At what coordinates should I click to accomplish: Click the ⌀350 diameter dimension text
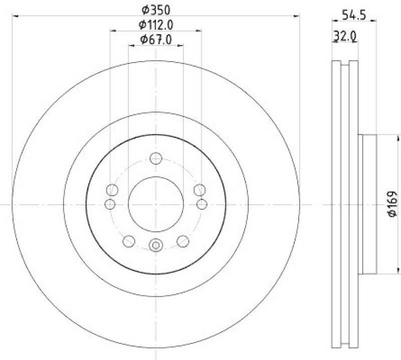coord(156,9)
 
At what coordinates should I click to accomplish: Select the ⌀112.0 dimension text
coord(156,24)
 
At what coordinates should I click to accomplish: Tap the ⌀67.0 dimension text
coord(156,39)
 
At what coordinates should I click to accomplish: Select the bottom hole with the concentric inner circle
coord(156,245)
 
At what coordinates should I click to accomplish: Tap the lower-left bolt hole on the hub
coord(129,241)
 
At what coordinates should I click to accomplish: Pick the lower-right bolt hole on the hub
coord(183,241)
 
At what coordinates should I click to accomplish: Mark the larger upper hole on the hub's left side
coord(112,190)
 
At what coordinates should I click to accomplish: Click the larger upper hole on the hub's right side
coord(199,190)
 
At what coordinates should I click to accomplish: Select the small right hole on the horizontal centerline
coord(202,204)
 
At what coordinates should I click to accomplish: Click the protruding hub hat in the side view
coord(368,204)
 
